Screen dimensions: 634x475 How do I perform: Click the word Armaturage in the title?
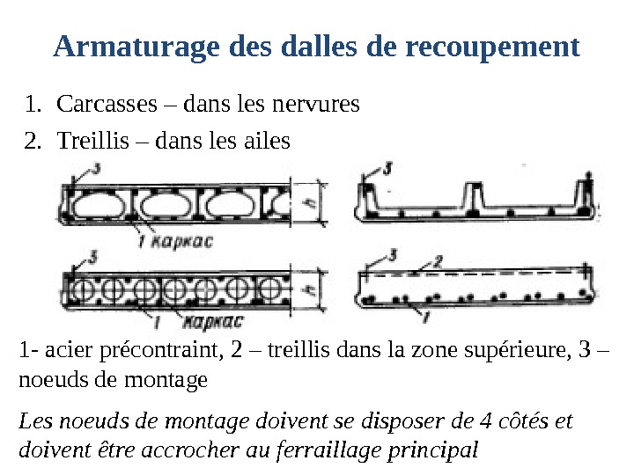(x=136, y=47)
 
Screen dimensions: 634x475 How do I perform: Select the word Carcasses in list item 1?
(x=107, y=104)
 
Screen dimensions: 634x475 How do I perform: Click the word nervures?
(x=315, y=104)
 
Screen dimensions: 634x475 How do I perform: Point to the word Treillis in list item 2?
(x=93, y=141)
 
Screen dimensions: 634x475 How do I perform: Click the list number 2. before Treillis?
(x=33, y=141)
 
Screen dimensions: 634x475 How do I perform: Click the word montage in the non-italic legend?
(x=166, y=381)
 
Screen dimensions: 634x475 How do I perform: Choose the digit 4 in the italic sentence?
(x=485, y=421)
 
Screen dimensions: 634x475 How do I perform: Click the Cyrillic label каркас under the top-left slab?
(x=181, y=242)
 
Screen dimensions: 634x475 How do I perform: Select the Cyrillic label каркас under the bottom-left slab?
(x=213, y=322)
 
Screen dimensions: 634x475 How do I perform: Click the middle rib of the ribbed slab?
(x=474, y=197)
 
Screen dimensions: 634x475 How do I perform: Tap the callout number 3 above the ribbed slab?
(x=387, y=169)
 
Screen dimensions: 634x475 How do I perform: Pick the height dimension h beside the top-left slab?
(x=310, y=203)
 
